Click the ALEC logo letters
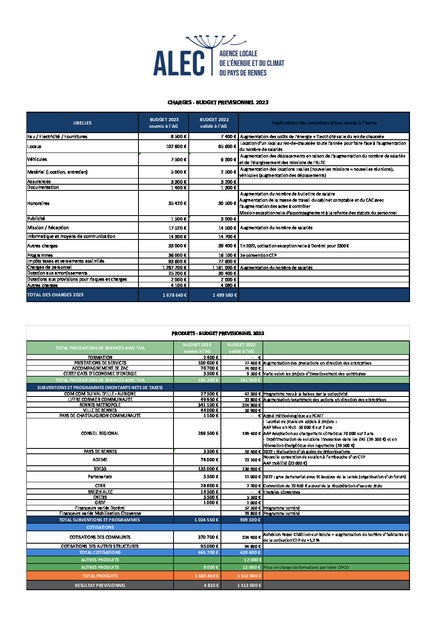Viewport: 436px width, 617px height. pyautogui.click(x=179, y=63)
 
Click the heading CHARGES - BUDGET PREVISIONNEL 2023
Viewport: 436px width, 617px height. pyautogui.click(x=218, y=102)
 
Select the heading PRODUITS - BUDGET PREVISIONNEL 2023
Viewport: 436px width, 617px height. pyautogui.click(x=218, y=333)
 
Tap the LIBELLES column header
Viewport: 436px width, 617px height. pyautogui.click(x=82, y=123)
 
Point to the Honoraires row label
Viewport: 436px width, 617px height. pyautogui.click(x=38, y=203)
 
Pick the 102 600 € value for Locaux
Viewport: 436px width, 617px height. pyautogui.click(x=176, y=146)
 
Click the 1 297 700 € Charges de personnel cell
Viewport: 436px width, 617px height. pyautogui.click(x=174, y=267)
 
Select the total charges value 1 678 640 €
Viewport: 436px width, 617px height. pyautogui.click(x=175, y=295)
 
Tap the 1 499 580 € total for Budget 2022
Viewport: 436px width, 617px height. pyautogui.click(x=225, y=295)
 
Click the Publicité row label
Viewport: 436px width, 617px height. pyautogui.click(x=36, y=219)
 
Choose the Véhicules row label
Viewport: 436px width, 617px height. pyautogui.click(x=37, y=159)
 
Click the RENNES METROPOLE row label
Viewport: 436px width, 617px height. pyautogui.click(x=100, y=405)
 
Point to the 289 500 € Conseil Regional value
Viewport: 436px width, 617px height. pyautogui.click(x=208, y=433)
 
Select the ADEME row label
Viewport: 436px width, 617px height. pyautogui.click(x=100, y=460)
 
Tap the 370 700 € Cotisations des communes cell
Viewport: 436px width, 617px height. pyautogui.click(x=208, y=537)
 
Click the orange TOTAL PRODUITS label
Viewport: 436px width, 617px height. pyautogui.click(x=100, y=576)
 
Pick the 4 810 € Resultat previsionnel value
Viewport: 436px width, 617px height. pyautogui.click(x=211, y=585)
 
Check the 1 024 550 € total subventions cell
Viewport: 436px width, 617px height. pyautogui.click(x=206, y=520)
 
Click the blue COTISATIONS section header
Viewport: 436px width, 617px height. pyautogui.click(x=100, y=527)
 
